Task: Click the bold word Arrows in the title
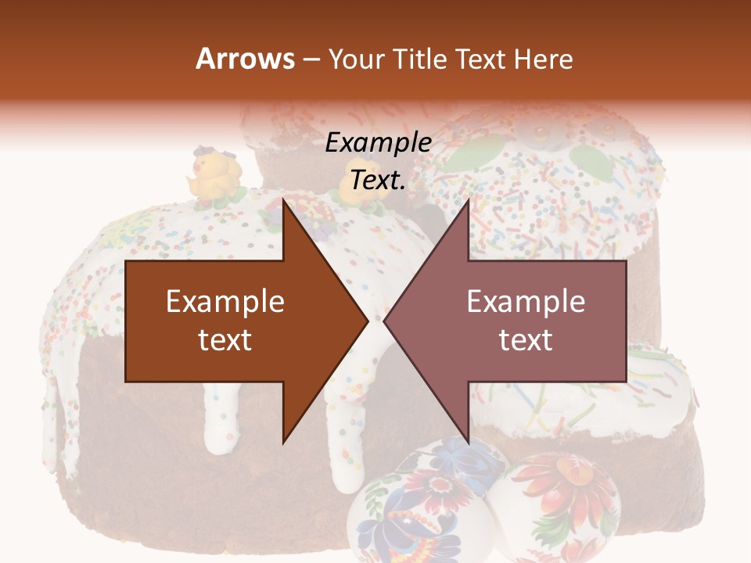tap(245, 59)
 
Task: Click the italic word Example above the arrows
tap(379, 142)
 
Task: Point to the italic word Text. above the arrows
tap(378, 180)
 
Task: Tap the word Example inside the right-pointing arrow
tap(225, 302)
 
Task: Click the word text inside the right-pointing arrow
tap(225, 339)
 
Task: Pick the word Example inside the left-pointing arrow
tap(526, 302)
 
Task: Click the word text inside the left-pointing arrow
tap(526, 339)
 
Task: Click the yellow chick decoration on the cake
tap(214, 176)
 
